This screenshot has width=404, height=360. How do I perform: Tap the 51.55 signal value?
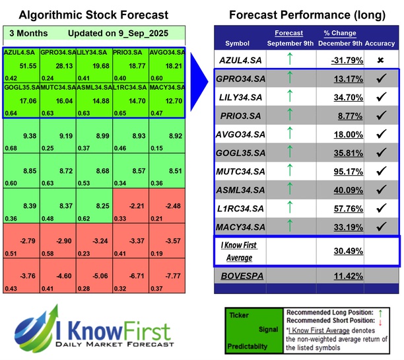coord(28,66)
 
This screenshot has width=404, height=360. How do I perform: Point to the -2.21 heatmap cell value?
coord(137,206)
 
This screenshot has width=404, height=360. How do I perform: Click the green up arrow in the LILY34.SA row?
coord(288,97)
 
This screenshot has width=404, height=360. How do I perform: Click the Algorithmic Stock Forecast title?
coord(93,15)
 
